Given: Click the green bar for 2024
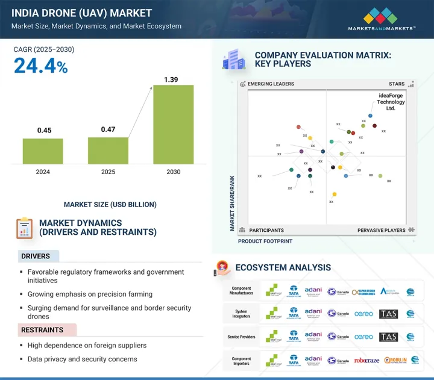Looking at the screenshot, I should [x=43, y=151].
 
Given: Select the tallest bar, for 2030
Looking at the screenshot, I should [x=173, y=124].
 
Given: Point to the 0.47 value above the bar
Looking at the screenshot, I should [x=108, y=129].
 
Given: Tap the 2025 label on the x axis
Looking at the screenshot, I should [x=108, y=172].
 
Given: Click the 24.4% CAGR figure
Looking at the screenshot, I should [x=41, y=66].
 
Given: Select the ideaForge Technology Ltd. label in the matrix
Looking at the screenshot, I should [x=391, y=102].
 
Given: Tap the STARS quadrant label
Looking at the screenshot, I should [x=397, y=84].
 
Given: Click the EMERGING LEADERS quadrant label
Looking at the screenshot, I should [x=269, y=84].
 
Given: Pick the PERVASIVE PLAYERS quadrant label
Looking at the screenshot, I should [x=382, y=230].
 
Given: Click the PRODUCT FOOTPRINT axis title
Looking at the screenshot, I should [x=265, y=241].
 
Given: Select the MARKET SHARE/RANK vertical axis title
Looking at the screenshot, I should [x=231, y=203].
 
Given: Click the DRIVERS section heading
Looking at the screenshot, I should [x=36, y=256].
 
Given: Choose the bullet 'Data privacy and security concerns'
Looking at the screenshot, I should [x=82, y=359].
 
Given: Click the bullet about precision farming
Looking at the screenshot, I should [x=90, y=294].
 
